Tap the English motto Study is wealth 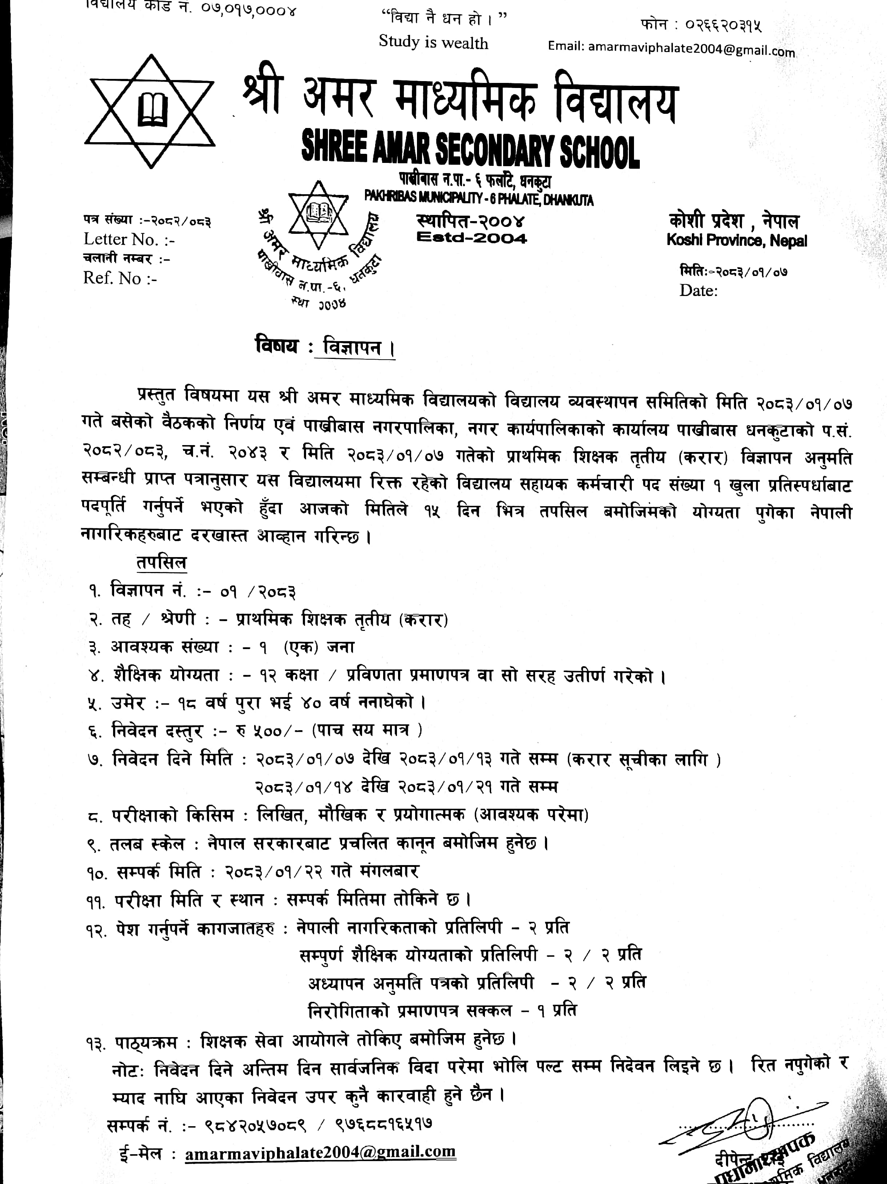(433, 43)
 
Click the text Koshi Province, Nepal (736, 240)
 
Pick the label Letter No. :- (129, 239)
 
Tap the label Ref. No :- (120, 278)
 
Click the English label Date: (698, 291)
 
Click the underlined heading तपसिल (161, 563)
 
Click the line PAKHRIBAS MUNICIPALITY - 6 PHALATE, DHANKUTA (479, 200)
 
